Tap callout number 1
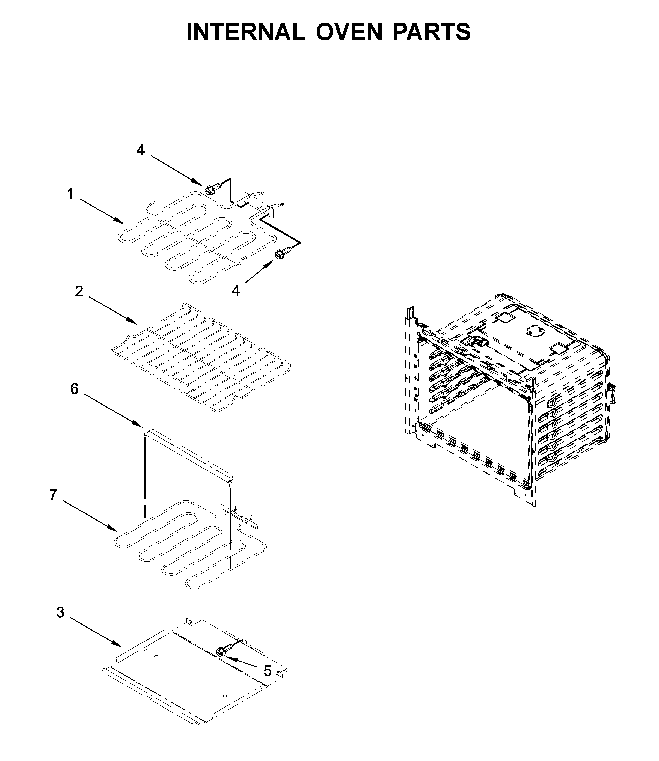tap(70, 194)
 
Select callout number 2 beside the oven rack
tap(79, 292)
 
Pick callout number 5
tap(267, 671)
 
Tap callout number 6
tap(74, 389)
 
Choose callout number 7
tap(53, 495)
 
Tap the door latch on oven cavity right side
tap(612, 392)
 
